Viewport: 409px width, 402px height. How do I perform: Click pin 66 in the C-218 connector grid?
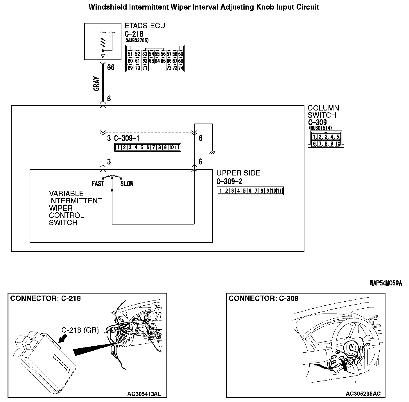[169, 61]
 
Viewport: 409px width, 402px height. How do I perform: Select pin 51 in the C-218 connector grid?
[130, 54]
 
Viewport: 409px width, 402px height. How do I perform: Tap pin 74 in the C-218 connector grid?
[181, 68]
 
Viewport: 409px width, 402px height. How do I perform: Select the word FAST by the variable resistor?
[98, 184]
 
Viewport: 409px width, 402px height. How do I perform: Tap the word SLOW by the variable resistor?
[127, 184]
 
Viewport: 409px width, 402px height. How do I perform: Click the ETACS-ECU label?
[145, 26]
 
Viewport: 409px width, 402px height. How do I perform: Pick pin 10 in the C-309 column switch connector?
[338, 144]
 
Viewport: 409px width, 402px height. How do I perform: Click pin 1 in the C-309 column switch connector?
[314, 137]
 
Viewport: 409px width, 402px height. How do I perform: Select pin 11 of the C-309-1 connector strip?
[177, 147]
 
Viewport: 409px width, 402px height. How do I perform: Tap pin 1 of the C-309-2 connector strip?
[221, 191]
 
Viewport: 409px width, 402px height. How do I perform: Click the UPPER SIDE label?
[238, 173]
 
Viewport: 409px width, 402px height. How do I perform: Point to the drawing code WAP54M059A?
[386, 283]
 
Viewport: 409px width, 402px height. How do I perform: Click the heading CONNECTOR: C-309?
[263, 298]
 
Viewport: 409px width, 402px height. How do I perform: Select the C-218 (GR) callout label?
[80, 330]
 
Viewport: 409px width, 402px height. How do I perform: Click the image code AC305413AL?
[144, 394]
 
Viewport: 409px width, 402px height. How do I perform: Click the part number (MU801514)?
[320, 128]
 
